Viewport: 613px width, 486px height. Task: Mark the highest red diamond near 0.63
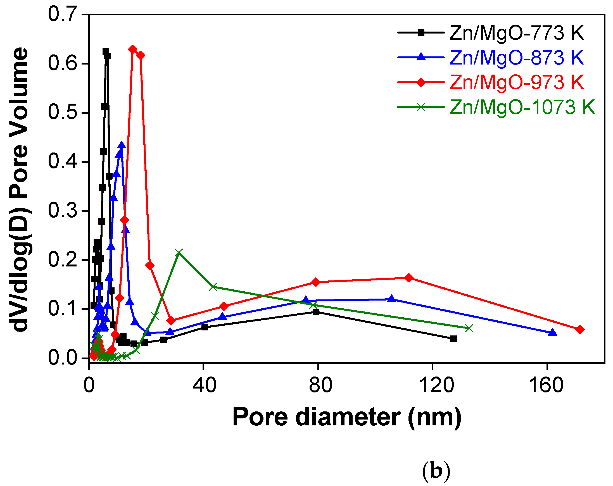tap(132, 49)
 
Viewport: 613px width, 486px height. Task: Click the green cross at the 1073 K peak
tap(179, 252)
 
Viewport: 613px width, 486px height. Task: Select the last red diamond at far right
tap(580, 330)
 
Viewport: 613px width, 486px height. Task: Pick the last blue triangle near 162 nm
tap(552, 332)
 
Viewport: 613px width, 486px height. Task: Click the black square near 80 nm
tap(316, 312)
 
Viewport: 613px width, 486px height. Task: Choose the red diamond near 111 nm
tap(409, 278)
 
